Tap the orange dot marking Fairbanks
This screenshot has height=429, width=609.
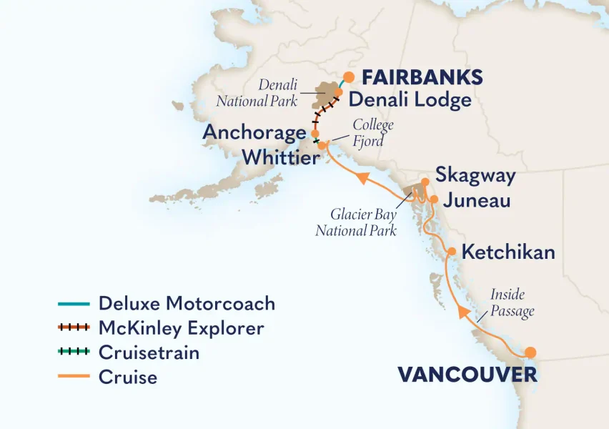349,77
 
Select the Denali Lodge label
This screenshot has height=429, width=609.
410,99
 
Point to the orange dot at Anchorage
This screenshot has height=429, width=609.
314,133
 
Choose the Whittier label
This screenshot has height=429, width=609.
281,157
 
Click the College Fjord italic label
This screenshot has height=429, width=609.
372,133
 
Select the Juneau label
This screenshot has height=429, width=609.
477,200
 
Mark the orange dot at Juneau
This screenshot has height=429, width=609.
434,199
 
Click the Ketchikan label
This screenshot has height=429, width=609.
508,252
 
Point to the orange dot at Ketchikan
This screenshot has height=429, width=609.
452,251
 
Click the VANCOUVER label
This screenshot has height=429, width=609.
457,375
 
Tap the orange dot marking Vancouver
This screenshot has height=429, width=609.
530,352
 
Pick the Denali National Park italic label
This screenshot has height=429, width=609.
257,93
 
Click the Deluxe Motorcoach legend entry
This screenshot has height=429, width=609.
186,303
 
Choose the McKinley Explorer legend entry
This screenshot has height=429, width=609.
181,328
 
